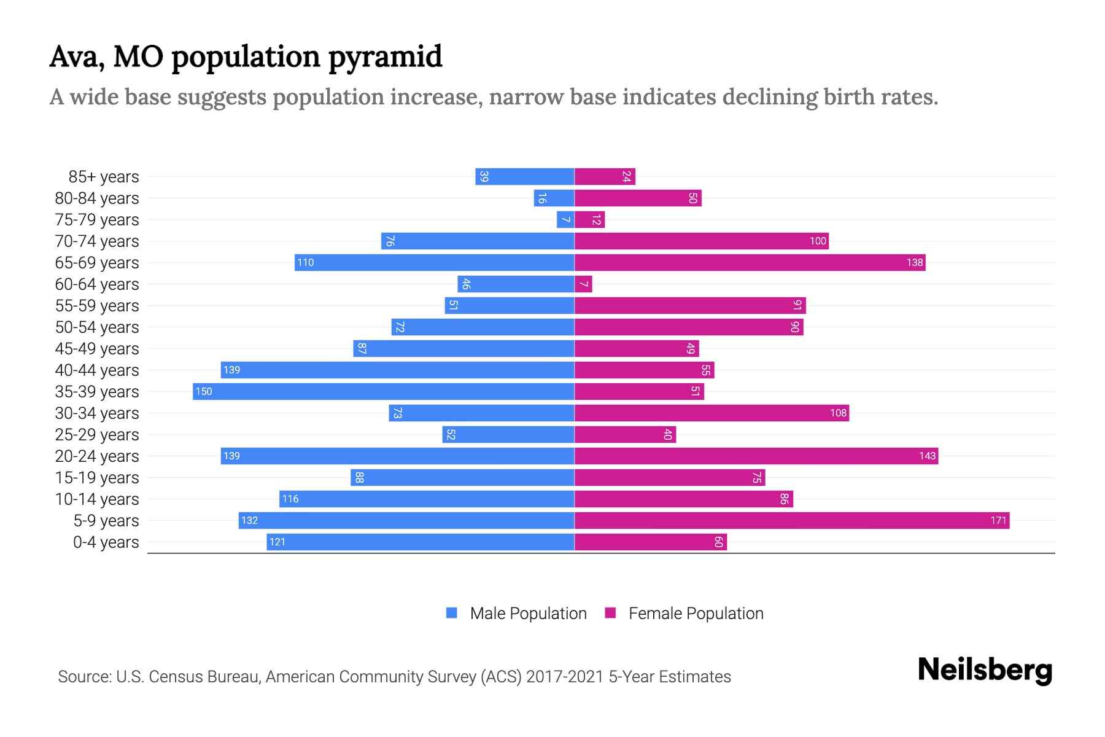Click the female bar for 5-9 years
click(x=792, y=521)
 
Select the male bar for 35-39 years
click(x=384, y=392)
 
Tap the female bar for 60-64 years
click(x=583, y=284)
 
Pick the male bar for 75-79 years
click(x=565, y=220)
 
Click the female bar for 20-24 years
click(x=756, y=456)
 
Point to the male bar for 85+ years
click(x=525, y=177)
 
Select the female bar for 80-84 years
click(x=638, y=198)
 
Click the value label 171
click(x=998, y=521)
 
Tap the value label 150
click(x=204, y=392)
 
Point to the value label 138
click(x=915, y=263)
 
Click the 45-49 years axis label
click(x=97, y=349)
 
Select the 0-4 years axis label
click(x=106, y=542)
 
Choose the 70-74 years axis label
click(x=97, y=241)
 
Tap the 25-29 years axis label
click(x=97, y=435)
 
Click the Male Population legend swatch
click(x=452, y=613)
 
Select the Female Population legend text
click(x=696, y=614)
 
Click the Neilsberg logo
click(x=985, y=669)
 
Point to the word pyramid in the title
click(x=385, y=57)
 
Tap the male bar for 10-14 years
click(x=427, y=499)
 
